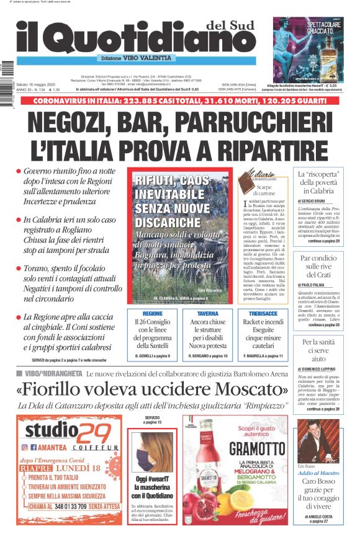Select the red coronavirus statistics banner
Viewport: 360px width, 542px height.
(179, 101)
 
